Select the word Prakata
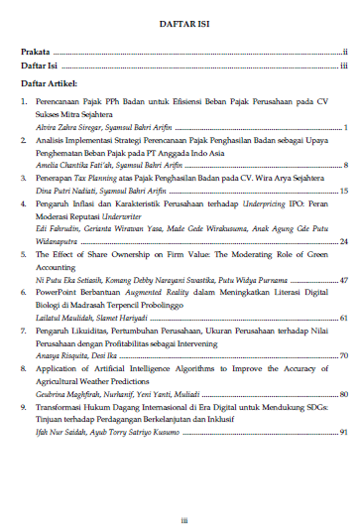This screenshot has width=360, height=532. [36, 51]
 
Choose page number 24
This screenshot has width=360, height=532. [342, 241]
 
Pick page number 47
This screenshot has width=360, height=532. [342, 281]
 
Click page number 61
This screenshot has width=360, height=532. [342, 319]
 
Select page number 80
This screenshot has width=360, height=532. [342, 394]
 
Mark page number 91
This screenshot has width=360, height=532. [342, 433]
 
